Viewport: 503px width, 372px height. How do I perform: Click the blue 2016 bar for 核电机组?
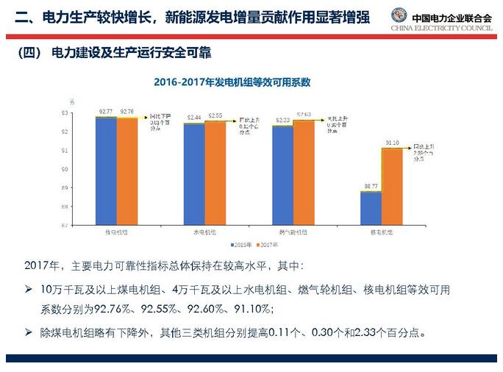(x=371, y=208)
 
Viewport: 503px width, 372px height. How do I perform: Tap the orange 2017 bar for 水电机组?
(x=215, y=173)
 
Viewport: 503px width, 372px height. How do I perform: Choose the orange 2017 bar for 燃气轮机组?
(x=304, y=172)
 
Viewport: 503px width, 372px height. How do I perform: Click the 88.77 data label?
(x=371, y=187)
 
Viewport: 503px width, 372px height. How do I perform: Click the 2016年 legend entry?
(x=241, y=244)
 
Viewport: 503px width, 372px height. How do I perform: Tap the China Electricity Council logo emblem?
(x=399, y=15)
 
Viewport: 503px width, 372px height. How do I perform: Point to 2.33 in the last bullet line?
(x=365, y=332)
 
